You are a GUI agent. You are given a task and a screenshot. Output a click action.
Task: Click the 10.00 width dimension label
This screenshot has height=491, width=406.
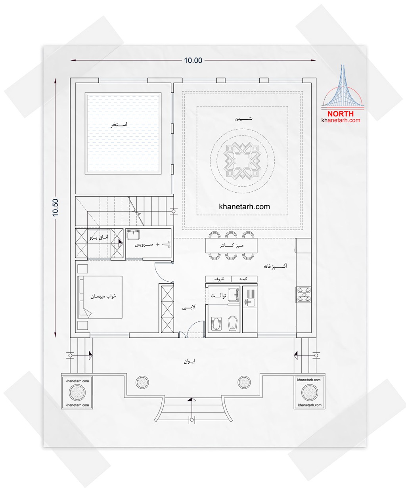point(193,61)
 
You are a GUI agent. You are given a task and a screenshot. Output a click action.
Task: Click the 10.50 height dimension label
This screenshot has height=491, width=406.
point(55,207)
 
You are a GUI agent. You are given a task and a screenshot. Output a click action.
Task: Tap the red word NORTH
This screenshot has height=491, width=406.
point(340,114)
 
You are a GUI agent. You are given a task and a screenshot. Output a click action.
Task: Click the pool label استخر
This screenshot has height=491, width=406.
point(119,124)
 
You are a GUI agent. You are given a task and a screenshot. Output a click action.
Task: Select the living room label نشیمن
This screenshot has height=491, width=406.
point(243,118)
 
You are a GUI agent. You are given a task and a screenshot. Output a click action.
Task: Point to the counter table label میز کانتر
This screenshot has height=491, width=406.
point(232,246)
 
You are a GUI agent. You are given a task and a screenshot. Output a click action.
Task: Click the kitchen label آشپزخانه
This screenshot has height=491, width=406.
point(275,266)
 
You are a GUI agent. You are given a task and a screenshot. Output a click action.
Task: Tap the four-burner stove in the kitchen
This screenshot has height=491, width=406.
point(304,295)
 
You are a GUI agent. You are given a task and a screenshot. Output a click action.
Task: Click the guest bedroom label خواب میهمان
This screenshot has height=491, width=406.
point(103,296)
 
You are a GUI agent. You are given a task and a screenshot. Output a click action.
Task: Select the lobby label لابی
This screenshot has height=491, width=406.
point(189,307)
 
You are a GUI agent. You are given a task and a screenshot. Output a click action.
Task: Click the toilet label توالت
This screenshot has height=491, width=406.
point(218,296)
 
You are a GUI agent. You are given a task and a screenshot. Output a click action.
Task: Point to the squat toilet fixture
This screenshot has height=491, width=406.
point(216,324)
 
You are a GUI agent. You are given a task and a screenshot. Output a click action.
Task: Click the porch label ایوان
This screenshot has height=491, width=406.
point(189,361)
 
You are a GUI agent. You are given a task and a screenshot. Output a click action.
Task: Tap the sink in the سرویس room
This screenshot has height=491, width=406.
point(133,235)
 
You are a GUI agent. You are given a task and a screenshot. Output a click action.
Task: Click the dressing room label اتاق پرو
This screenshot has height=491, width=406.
point(99,237)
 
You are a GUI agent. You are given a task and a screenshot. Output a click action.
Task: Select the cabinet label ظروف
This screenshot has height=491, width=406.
point(219,279)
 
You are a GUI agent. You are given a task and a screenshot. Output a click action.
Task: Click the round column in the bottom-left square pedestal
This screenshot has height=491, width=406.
point(77,392)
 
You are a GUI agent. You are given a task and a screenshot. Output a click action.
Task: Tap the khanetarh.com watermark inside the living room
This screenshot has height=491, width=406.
point(244,207)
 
